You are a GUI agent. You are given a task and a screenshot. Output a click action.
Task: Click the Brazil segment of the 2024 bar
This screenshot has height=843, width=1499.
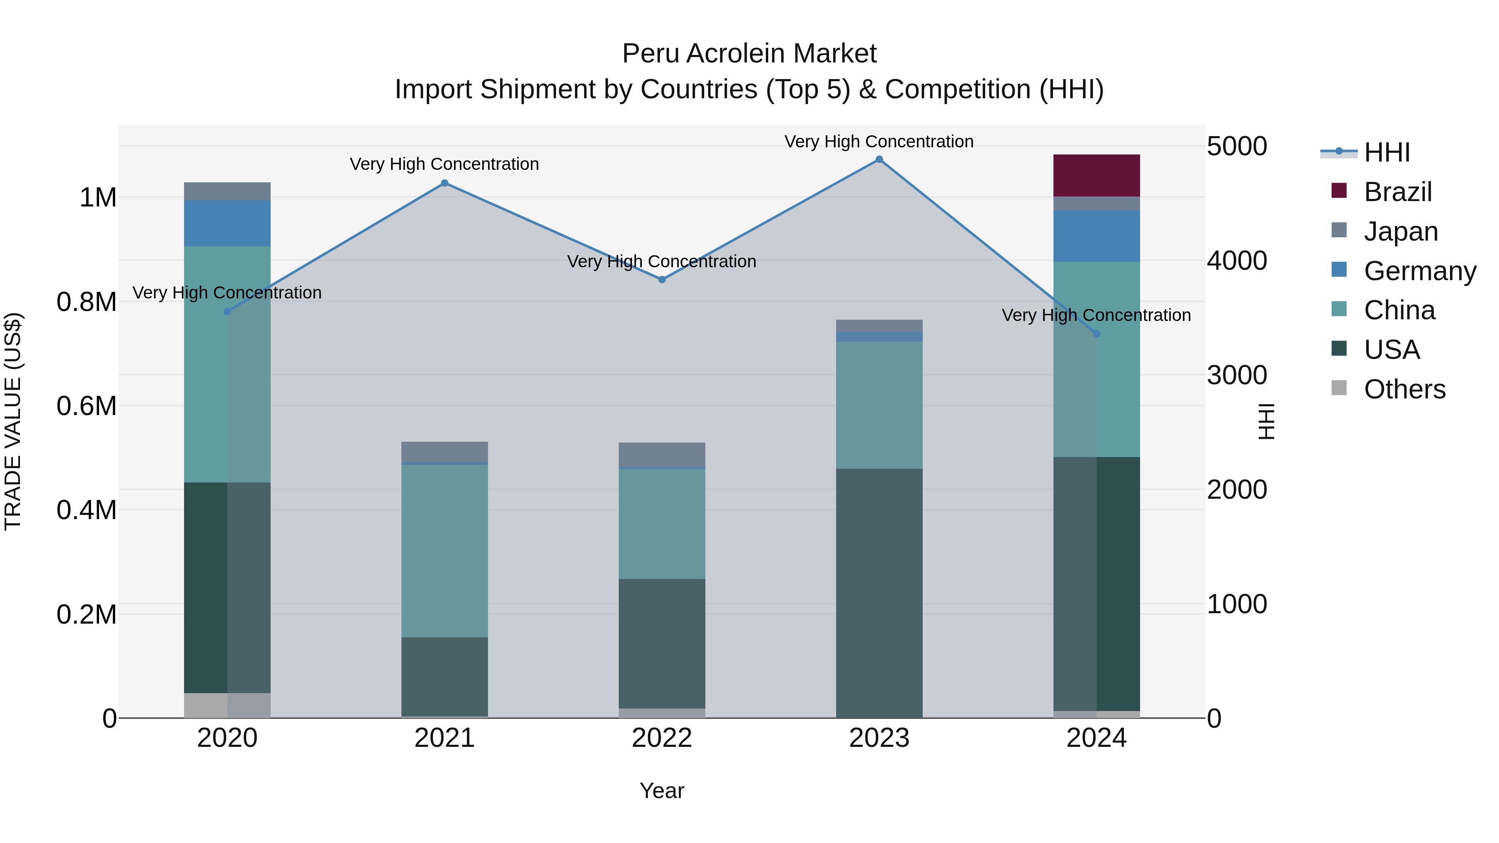point(1096,176)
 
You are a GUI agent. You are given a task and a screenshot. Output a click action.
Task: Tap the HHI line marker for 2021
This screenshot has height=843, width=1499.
point(445,183)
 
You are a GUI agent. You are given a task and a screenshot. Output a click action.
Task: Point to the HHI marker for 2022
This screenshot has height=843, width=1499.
point(662,280)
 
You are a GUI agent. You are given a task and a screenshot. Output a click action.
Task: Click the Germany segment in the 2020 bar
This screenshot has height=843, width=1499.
point(227,224)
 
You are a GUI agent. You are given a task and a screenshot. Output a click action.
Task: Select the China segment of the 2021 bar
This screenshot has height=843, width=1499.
point(445,550)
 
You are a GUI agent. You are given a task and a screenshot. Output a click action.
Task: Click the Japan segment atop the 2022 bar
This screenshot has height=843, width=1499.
point(662,454)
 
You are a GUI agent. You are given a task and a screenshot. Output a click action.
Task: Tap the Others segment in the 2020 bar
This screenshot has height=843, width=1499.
point(227,705)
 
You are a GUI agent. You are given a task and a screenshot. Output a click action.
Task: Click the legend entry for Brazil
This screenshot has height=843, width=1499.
point(1397,192)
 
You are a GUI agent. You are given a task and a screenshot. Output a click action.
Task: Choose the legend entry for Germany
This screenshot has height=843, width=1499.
point(1419,271)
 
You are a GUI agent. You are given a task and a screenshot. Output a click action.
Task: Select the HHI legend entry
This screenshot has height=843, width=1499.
point(1387,152)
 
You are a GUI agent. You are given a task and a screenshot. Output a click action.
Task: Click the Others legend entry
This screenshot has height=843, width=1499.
point(1404,389)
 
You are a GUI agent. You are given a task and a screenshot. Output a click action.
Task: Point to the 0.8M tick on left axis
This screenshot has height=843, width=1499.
point(86,302)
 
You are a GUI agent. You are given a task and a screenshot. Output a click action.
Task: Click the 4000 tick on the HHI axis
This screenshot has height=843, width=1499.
point(1237,261)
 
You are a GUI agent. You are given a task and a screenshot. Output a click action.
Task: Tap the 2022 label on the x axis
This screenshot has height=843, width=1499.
point(662,738)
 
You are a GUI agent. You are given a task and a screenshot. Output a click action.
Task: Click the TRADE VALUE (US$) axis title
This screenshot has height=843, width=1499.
point(13,421)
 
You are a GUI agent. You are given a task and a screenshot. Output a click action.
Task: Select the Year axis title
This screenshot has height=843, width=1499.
point(662,791)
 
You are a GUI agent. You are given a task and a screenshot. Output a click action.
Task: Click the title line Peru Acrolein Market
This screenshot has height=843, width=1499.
point(749,54)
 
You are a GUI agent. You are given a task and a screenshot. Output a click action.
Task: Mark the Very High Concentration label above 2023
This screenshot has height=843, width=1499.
point(879,142)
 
